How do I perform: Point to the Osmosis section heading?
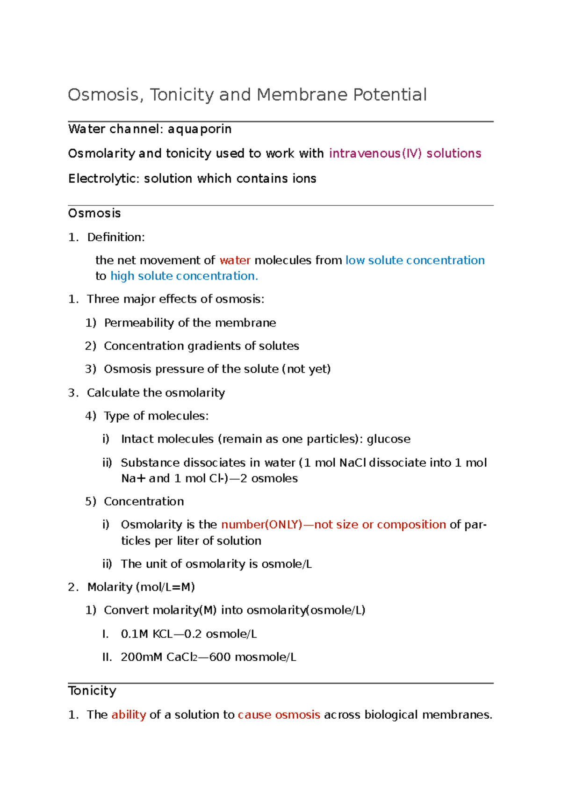(x=94, y=213)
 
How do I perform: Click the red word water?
(x=235, y=260)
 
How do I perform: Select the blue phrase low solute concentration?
(x=415, y=260)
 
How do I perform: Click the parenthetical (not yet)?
(x=306, y=369)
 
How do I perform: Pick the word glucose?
(x=388, y=439)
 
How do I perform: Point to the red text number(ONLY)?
(x=261, y=525)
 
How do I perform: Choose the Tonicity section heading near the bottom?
(x=92, y=691)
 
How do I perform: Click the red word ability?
(x=129, y=715)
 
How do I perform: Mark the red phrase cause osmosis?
(x=279, y=715)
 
